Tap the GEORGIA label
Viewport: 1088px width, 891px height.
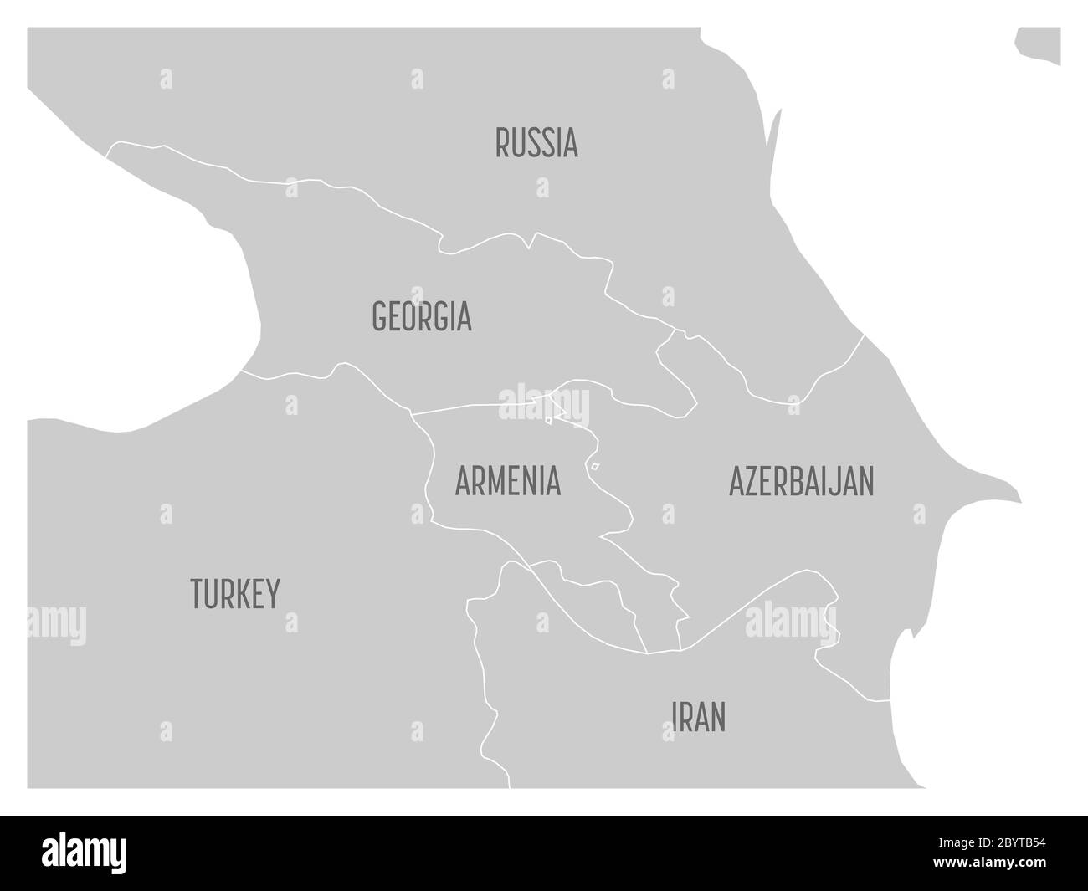(x=421, y=317)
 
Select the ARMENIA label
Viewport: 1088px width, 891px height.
(x=507, y=482)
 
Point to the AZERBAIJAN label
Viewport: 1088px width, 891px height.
(x=801, y=482)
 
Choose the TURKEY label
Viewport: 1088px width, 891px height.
(x=235, y=593)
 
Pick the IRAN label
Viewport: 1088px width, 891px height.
(x=699, y=717)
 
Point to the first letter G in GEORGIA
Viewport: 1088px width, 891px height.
(x=379, y=317)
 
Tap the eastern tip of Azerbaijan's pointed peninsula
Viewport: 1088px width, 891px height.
(x=1019, y=500)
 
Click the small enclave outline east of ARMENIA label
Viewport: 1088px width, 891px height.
(x=594, y=467)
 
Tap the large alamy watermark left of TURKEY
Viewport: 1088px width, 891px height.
(x=56, y=623)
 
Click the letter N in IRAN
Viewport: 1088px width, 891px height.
(x=717, y=717)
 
